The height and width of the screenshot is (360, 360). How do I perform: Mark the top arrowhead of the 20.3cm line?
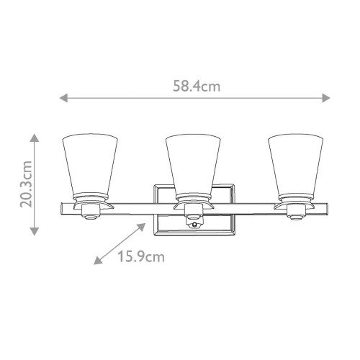click(34, 135)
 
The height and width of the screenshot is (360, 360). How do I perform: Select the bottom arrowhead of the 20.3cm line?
click(34, 232)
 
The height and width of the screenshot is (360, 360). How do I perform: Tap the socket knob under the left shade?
click(90, 212)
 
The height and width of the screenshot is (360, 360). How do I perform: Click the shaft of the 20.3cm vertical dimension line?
click(34, 183)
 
